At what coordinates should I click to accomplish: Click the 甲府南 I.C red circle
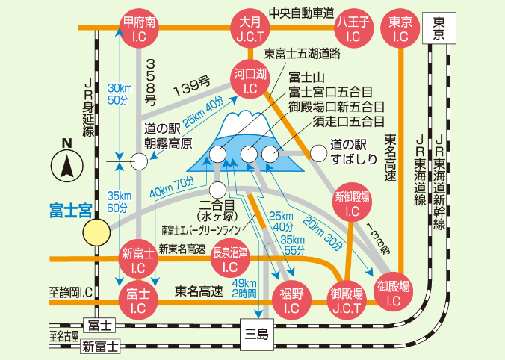click(x=139, y=28)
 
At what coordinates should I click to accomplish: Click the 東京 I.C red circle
click(x=400, y=28)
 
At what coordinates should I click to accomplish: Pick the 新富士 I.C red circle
click(x=138, y=258)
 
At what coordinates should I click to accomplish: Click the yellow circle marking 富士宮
click(x=96, y=232)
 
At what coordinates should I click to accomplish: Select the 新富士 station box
click(x=99, y=346)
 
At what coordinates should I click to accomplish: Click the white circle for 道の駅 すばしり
click(x=318, y=153)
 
